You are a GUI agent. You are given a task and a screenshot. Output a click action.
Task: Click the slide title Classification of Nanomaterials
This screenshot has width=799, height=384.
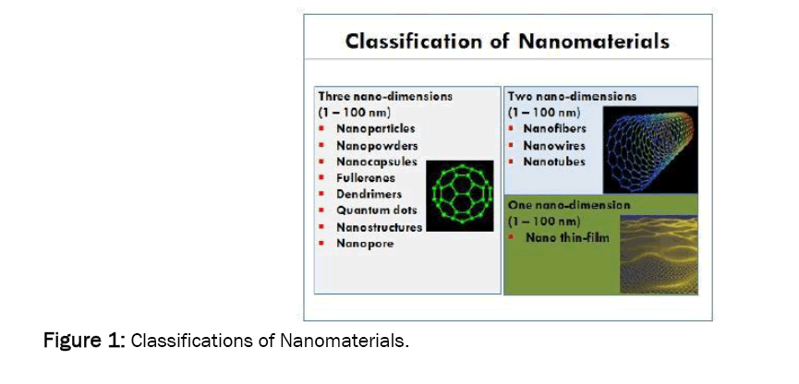click(507, 42)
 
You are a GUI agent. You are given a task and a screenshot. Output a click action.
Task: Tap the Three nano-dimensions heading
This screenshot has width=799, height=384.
click(385, 96)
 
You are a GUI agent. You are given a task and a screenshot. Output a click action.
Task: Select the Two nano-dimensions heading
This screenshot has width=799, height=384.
click(573, 96)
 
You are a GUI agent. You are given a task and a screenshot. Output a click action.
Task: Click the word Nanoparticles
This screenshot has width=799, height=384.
click(376, 129)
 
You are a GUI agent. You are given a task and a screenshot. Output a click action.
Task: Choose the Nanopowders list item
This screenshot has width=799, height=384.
click(377, 146)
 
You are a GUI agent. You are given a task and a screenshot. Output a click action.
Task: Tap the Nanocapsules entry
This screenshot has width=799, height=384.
click(377, 162)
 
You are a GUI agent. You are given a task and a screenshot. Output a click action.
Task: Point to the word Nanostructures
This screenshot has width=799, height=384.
click(379, 227)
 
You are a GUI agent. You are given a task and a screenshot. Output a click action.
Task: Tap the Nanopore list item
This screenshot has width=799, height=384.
click(365, 244)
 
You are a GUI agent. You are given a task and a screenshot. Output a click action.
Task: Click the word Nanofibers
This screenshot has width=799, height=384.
click(555, 129)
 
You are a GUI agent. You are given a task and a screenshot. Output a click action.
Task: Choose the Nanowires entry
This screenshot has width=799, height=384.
click(554, 146)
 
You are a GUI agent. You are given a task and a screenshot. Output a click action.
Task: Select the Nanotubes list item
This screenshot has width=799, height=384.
click(554, 162)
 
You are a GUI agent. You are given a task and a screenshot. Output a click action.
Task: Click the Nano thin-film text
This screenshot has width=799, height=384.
click(567, 237)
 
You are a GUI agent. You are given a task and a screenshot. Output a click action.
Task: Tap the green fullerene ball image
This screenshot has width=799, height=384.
click(460, 196)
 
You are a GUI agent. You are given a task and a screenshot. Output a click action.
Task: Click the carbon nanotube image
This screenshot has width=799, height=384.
click(650, 150)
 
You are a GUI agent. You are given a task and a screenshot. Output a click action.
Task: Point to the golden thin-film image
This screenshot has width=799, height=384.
click(659, 254)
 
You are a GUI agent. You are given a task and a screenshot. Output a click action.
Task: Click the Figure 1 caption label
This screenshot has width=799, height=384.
click(84, 341)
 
